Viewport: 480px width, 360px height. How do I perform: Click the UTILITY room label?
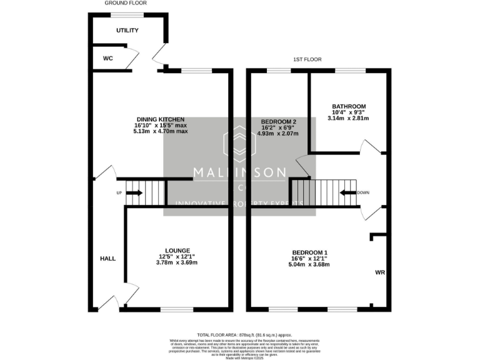pos(127,30)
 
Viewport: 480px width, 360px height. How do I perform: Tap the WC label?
pos(107,58)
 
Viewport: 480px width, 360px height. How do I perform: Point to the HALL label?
pos(107,257)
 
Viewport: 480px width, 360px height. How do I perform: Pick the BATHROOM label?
pos(349,106)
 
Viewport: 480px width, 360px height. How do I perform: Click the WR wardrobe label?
pos(380,273)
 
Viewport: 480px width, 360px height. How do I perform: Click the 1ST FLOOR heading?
pos(307,59)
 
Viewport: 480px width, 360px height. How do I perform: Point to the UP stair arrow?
pos(134,192)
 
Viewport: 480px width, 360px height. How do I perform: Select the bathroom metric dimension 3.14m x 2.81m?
pos(349,118)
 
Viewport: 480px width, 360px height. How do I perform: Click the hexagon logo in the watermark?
pos(240,143)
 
